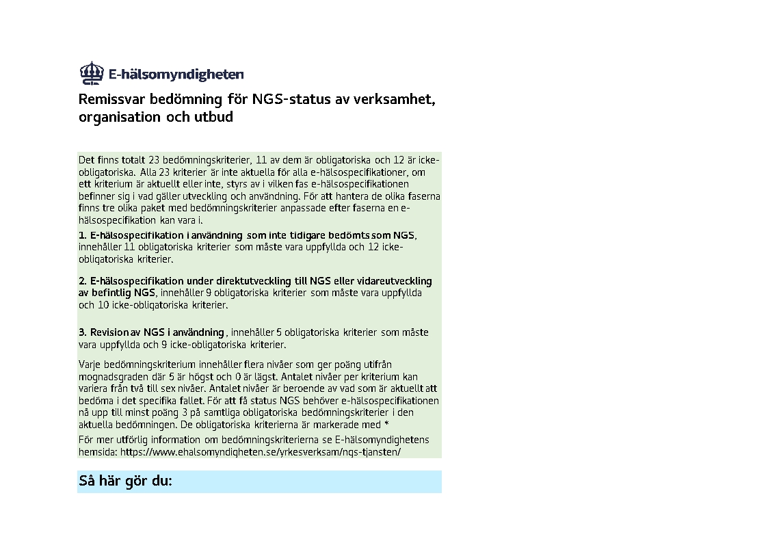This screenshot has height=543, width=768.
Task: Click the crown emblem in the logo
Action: pyautogui.click(x=90, y=72)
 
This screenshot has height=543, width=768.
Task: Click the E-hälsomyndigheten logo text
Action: pyautogui.click(x=176, y=75)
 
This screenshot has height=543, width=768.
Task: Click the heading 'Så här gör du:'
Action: pyautogui.click(x=126, y=481)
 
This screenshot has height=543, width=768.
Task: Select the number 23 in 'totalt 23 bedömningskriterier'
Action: pyautogui.click(x=148, y=161)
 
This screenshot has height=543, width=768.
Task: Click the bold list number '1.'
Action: pyautogui.click(x=83, y=236)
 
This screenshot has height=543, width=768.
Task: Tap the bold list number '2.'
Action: pyautogui.click(x=83, y=281)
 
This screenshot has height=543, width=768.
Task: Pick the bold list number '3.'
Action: pyautogui.click(x=83, y=332)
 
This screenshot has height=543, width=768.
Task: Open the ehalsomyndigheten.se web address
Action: pyautogui.click(x=260, y=453)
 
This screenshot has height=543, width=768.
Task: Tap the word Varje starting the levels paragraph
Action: pyautogui.click(x=90, y=365)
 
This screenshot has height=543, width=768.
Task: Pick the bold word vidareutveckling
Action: pyautogui.click(x=395, y=281)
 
